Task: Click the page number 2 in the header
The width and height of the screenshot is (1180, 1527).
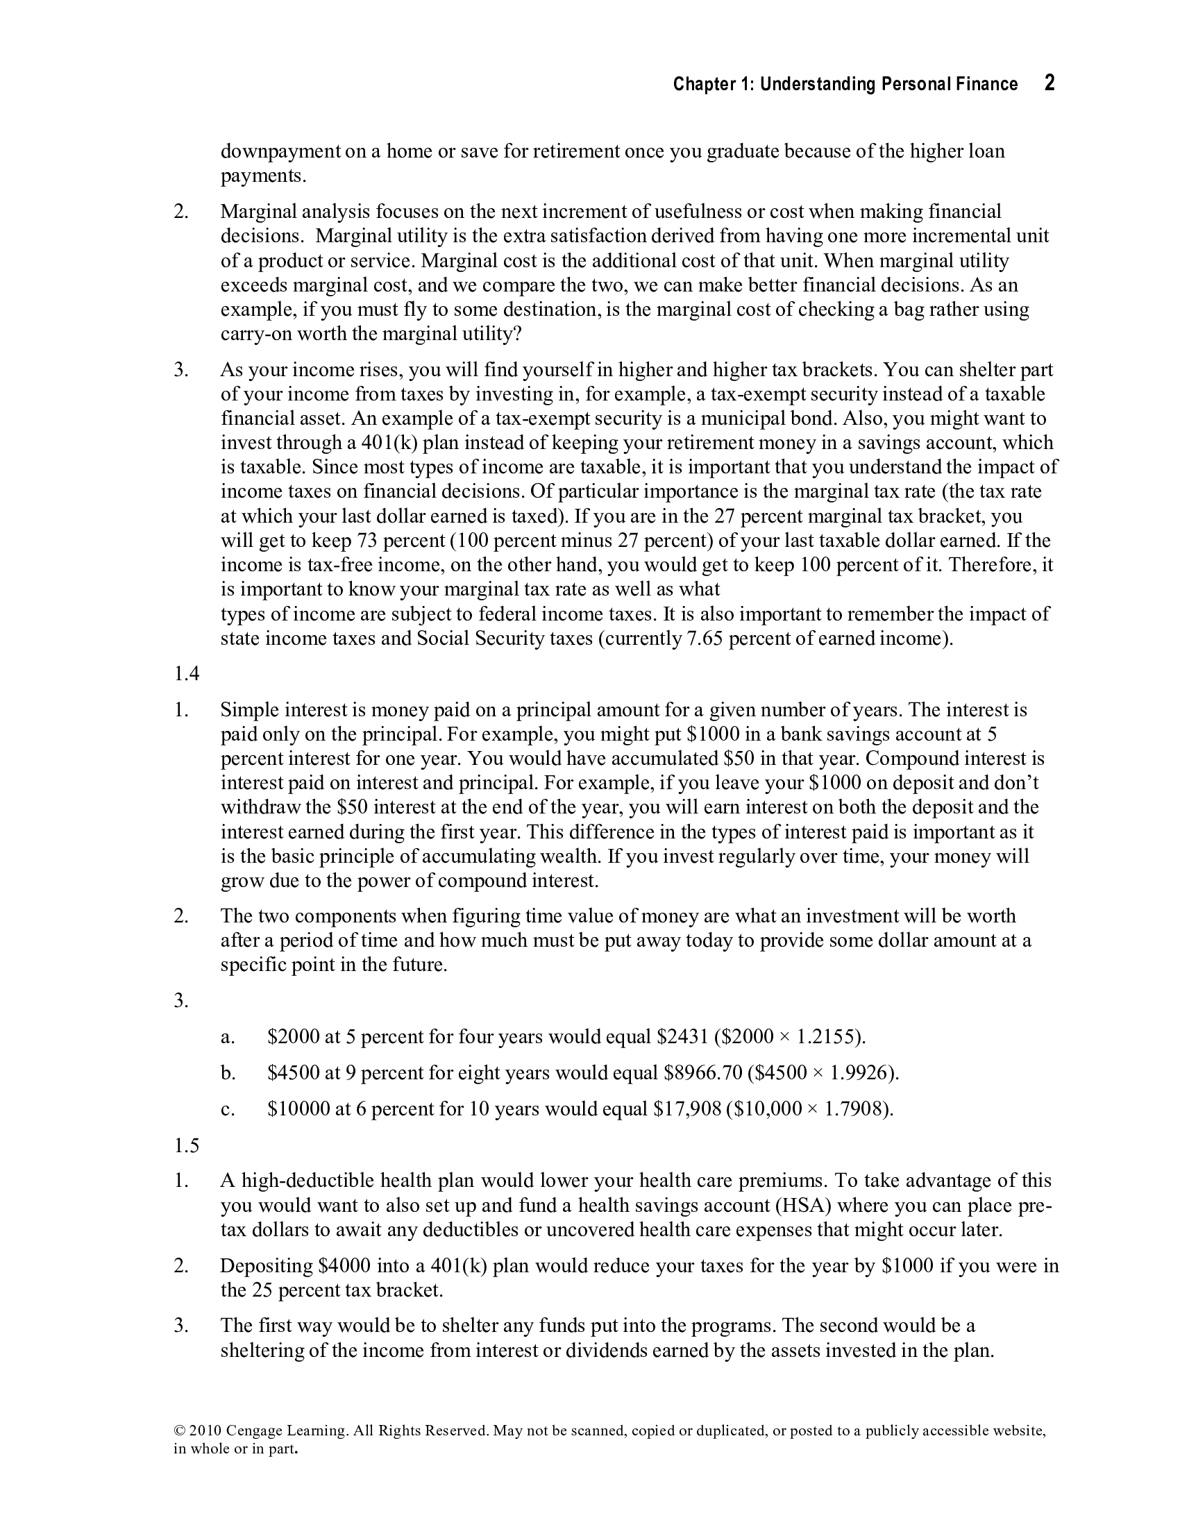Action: [x=1050, y=83]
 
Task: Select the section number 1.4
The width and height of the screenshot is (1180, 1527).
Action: [x=187, y=673]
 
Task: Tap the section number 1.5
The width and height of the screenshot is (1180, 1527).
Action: [x=187, y=1145]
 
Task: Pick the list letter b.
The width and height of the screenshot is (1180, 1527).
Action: [x=228, y=1072]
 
